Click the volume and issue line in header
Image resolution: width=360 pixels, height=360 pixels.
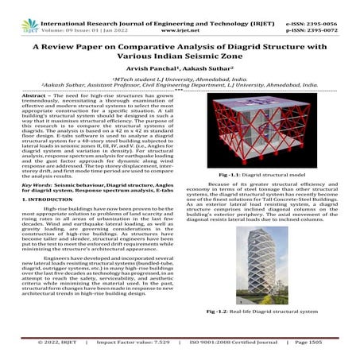77,14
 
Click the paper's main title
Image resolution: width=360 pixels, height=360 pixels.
180,53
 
